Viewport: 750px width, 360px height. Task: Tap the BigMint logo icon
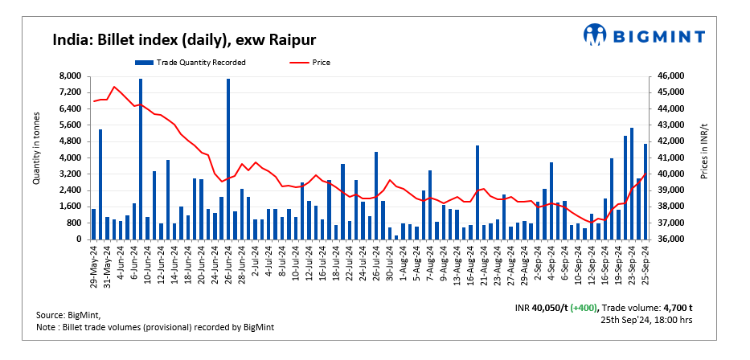(595, 35)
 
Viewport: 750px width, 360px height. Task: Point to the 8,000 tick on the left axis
(72, 76)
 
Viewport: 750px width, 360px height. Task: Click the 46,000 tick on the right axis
(672, 76)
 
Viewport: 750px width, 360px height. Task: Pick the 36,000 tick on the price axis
(672, 239)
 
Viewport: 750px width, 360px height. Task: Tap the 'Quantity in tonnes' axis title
(37, 157)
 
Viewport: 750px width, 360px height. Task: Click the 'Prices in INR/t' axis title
(705, 157)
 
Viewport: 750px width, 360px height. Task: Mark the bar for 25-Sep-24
(645, 191)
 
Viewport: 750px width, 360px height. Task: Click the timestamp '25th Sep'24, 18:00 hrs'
(647, 320)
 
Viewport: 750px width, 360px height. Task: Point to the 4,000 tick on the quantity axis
(72, 157)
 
